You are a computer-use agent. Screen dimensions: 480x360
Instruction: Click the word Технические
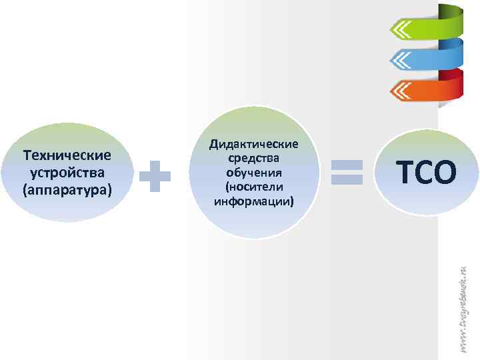coord(67,155)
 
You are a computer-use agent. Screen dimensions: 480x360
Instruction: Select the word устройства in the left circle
coord(67,173)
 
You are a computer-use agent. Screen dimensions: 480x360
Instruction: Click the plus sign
coord(156,175)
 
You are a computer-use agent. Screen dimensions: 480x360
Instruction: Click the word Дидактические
coord(254,145)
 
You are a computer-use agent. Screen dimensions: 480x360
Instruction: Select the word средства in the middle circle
coord(254,159)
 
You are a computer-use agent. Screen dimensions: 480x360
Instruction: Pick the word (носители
coord(254,186)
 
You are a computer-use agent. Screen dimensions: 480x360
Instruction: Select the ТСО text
coord(427,173)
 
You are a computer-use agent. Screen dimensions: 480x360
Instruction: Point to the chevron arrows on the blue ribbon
coord(402,60)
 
